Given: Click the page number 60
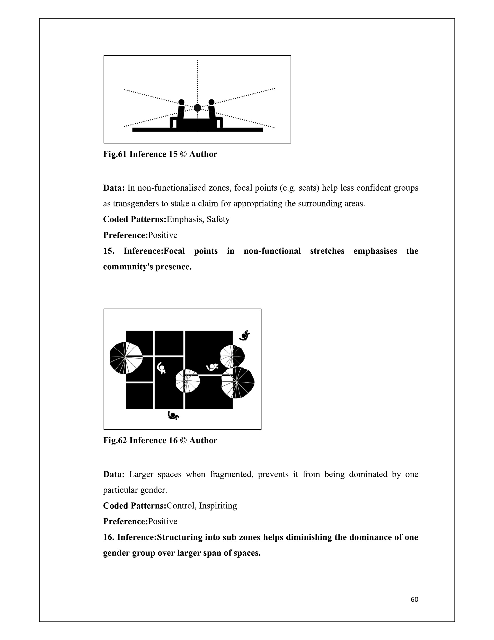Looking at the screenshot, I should (414, 600).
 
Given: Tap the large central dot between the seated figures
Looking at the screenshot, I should (198, 108).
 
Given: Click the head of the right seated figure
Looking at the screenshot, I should (211, 102).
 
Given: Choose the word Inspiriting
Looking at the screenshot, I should (218, 506).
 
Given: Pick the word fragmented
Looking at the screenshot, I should (231, 474).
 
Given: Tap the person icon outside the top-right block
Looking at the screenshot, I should (244, 335).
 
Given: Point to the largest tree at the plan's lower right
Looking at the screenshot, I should (237, 382).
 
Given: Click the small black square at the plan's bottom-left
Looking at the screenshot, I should (139, 396).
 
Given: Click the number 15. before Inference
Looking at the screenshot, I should (109, 251).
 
